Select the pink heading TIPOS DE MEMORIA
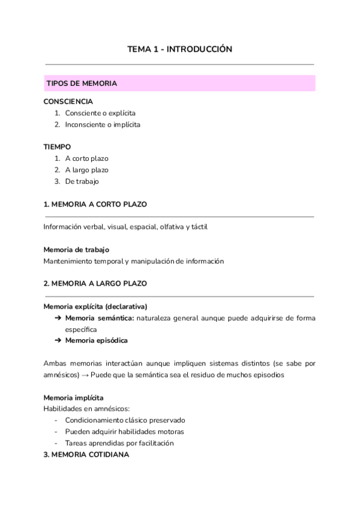[82, 83]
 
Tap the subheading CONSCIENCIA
[68, 101]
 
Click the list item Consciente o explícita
[100, 113]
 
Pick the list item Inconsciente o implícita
[103, 124]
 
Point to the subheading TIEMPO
[58, 146]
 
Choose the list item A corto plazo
[86, 158]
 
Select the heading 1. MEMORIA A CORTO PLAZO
[95, 204]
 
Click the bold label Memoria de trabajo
[76, 249]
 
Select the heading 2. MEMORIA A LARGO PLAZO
[95, 283]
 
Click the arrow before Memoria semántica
[58, 318]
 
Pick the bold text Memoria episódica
[96, 340]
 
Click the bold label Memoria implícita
[73, 397]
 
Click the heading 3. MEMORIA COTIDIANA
[86, 454]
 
